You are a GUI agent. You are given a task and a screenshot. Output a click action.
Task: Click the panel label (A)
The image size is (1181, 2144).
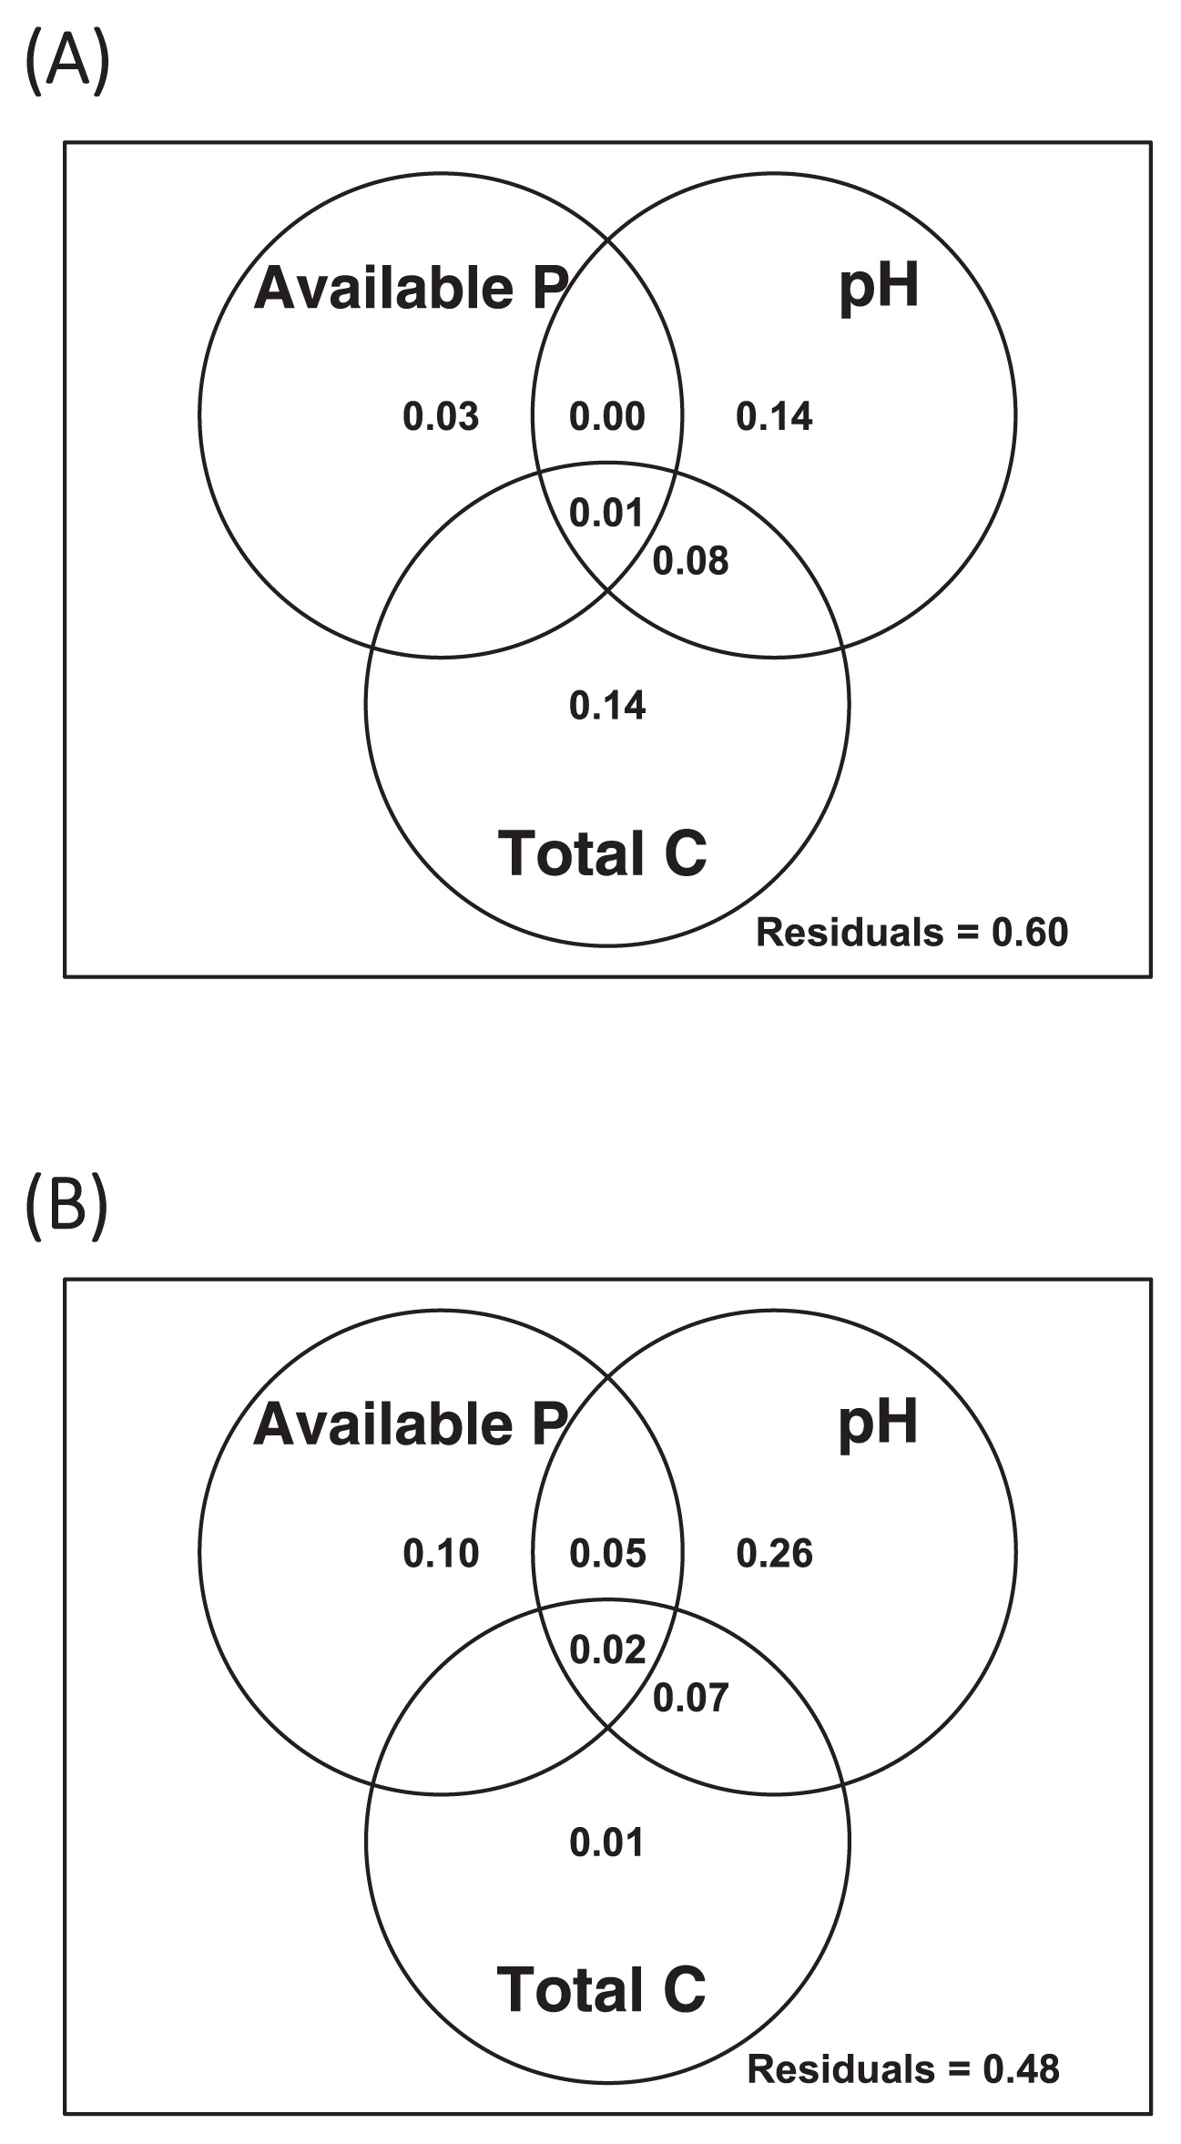(67, 63)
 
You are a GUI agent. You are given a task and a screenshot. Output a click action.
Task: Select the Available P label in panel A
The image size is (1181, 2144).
(411, 288)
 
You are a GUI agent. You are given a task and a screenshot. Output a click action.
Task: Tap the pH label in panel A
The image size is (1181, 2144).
(879, 290)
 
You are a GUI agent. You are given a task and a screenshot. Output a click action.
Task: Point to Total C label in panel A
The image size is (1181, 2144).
(602, 852)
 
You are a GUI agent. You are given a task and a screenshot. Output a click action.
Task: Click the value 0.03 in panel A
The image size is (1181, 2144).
(441, 417)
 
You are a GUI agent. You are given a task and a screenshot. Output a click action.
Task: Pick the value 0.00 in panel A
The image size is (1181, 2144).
(607, 417)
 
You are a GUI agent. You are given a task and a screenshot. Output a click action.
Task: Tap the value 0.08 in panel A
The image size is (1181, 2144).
(691, 561)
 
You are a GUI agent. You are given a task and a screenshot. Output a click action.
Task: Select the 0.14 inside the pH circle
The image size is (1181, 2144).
(774, 417)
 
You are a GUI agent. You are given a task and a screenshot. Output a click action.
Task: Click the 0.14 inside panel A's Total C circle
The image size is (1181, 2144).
(607, 706)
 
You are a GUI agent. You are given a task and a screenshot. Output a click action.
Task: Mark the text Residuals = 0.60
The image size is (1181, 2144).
(912, 933)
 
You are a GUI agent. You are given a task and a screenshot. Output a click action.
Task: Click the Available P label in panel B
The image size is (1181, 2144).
(411, 1424)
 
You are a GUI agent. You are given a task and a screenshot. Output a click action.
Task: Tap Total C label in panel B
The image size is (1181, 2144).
(602, 1989)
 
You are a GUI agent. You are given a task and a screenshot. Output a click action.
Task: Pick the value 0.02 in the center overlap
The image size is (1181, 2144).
(607, 1650)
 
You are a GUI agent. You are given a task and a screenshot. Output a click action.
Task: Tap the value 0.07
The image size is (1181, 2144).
(691, 1698)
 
